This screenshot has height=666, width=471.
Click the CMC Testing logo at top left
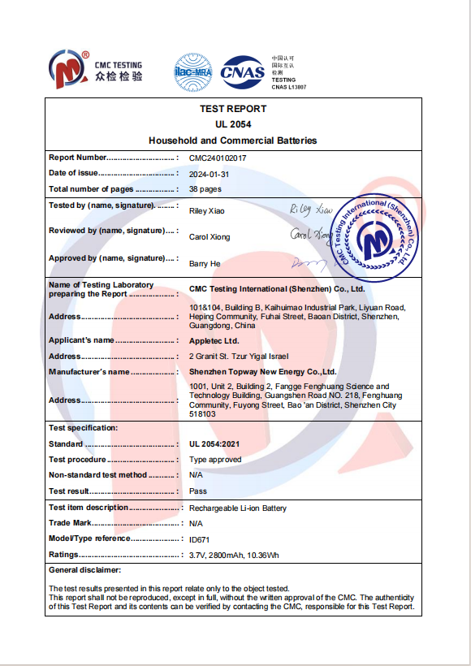coord(95,70)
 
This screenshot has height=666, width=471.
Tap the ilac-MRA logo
coord(192,71)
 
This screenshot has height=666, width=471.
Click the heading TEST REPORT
coord(232,109)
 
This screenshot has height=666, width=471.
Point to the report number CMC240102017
coord(218,158)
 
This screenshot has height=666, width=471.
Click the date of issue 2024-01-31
coord(209,173)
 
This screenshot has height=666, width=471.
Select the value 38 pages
coord(205,188)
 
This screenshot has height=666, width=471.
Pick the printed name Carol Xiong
coord(210,237)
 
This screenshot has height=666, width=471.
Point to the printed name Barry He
coord(205,264)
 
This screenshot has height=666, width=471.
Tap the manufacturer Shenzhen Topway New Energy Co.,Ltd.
coord(262,371)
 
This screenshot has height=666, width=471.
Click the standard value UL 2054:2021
coord(214,444)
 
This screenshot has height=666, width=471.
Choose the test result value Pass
coord(198,491)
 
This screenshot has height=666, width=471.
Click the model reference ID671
coord(199,538)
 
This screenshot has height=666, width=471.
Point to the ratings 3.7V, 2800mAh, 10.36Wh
coord(234,555)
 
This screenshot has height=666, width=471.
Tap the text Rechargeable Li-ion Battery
coord(238,508)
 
